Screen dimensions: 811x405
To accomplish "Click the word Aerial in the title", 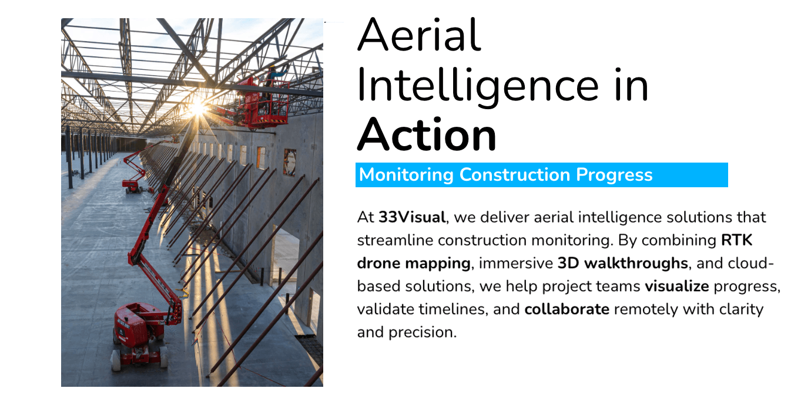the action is [x=419, y=35].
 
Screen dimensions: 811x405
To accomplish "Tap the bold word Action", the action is [x=427, y=135].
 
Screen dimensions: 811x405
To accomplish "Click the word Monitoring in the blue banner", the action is [x=406, y=175].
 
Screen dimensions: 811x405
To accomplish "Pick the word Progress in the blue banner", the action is [x=614, y=175].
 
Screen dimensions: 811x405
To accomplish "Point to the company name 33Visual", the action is [x=412, y=217].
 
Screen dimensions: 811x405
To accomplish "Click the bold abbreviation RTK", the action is [x=737, y=240].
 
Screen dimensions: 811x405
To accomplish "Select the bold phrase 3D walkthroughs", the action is [x=623, y=263].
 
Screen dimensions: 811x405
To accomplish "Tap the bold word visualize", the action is [x=677, y=286].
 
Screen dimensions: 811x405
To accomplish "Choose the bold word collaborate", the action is [x=567, y=309].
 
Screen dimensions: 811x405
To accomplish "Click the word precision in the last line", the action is [x=423, y=333].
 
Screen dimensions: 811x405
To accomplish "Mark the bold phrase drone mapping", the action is [x=414, y=264].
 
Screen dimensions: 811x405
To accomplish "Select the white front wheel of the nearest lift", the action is [x=116, y=360].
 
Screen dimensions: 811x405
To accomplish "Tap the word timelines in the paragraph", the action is [x=452, y=309].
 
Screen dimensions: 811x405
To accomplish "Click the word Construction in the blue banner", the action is [x=514, y=175].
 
